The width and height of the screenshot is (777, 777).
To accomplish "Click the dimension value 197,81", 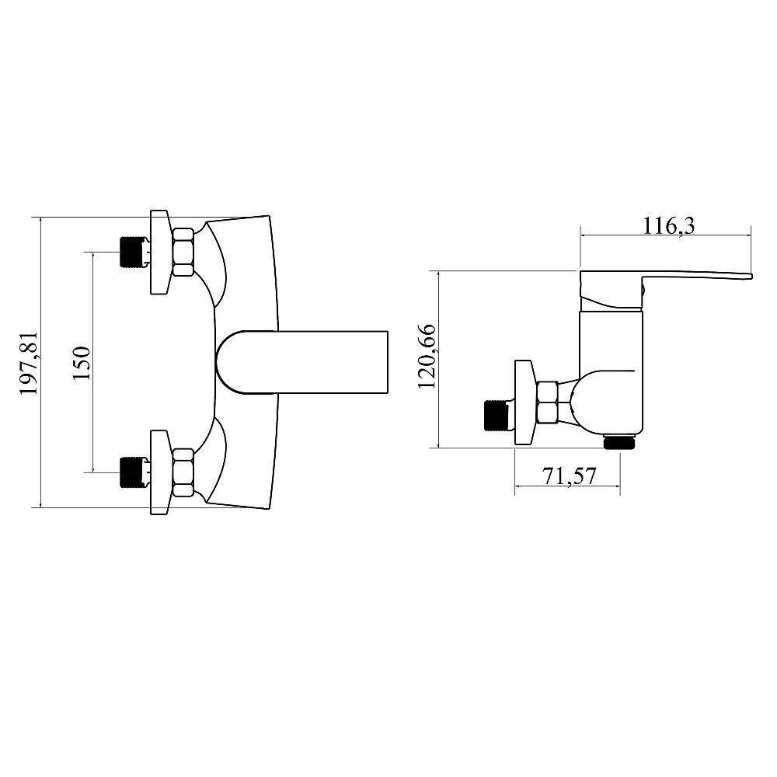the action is [x=29, y=363].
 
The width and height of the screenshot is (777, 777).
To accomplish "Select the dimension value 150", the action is [x=82, y=363].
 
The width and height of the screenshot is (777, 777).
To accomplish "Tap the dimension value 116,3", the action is [x=668, y=226].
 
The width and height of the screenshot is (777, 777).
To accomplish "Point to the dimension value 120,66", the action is [x=427, y=357].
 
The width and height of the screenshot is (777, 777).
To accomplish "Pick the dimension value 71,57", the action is [x=570, y=476].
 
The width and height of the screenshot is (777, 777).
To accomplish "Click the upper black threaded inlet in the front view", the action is [x=134, y=253].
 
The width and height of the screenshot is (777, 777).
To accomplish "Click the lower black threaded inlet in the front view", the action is [x=134, y=472].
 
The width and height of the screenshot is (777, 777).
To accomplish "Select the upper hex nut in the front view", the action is [x=183, y=253].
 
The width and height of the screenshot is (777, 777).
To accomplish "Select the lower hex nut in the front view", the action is [x=183, y=472].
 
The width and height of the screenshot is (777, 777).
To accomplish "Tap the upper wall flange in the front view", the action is [x=159, y=253].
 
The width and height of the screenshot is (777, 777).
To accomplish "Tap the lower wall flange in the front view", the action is [x=159, y=472].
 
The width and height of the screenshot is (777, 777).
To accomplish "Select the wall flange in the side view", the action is [x=525, y=402].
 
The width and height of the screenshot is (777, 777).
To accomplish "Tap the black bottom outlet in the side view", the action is [x=620, y=442].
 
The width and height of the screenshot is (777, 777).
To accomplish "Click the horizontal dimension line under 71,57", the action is [x=567, y=488].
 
